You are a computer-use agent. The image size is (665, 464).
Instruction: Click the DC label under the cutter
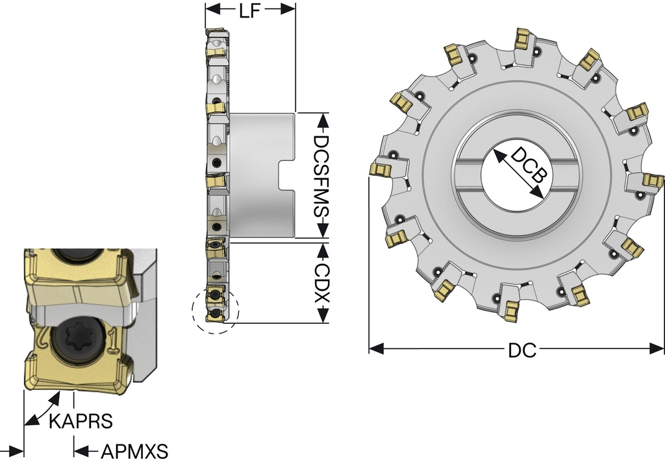click(x=521, y=350)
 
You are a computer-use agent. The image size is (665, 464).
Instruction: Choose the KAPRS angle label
click(x=81, y=421)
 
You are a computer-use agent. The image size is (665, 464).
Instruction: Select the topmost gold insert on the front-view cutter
click(x=522, y=38)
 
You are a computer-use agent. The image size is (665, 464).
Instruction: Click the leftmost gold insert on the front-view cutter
click(x=379, y=169)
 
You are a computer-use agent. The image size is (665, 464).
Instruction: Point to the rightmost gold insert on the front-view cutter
click(x=653, y=180)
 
